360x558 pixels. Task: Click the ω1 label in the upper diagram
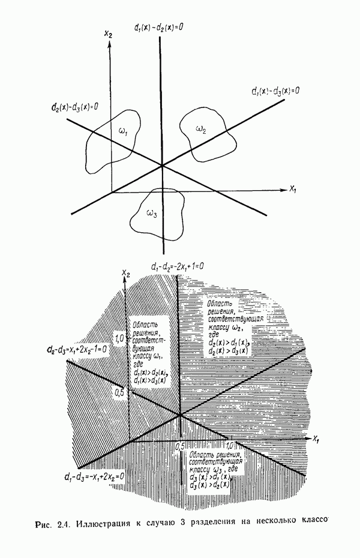123,132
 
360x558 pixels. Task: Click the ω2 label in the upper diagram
201,128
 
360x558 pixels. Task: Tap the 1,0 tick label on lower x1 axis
230,446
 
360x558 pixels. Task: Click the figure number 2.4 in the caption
63,526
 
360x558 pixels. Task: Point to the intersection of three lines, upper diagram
162,165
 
